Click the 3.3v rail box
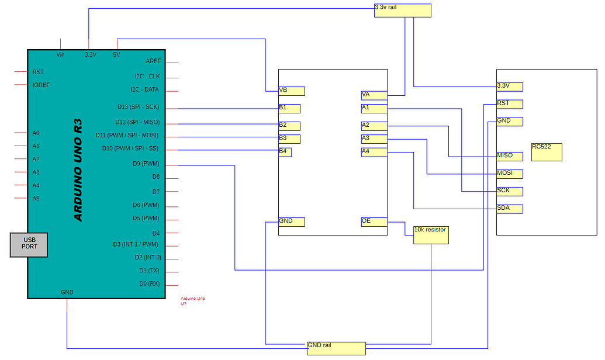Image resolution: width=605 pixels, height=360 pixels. pos(402,11)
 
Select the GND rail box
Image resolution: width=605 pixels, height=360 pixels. pos(336,348)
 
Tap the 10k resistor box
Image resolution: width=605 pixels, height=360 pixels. pos(431,235)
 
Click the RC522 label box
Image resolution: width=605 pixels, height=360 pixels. pos(546,152)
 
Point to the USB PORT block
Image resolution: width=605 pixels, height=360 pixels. pos(29,244)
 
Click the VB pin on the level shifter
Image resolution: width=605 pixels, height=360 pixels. pos(292,91)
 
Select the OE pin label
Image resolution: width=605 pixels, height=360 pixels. pos(374,221)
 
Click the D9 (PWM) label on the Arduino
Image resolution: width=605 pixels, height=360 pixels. pos(146,164)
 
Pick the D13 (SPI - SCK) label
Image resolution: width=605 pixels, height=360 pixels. pos(138,107)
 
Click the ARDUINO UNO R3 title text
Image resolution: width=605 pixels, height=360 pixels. pos(78,170)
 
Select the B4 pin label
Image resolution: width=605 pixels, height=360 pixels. pos(285,152)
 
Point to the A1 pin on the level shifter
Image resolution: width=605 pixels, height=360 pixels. pos(374,108)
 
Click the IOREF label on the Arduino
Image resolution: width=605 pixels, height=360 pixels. pos(41,85)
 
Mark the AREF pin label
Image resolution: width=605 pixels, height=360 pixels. pos(153,61)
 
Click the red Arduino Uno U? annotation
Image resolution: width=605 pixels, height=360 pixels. pos(193,301)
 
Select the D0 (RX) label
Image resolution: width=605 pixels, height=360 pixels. pos(149,284)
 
